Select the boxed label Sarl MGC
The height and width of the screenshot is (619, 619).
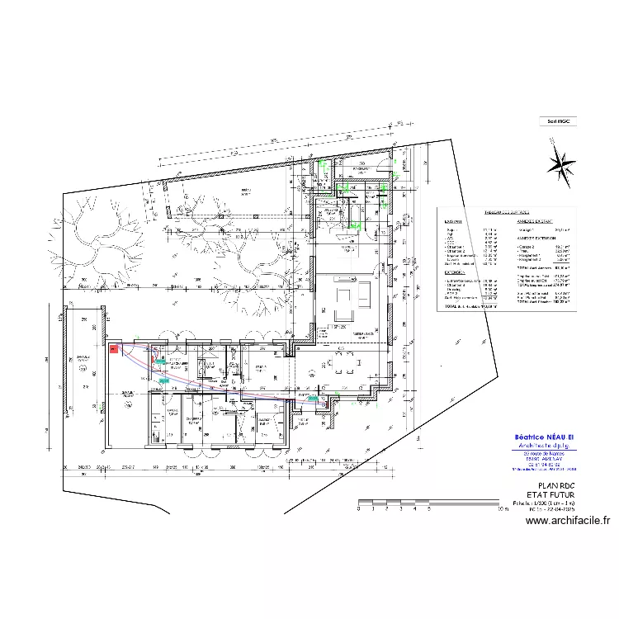559,120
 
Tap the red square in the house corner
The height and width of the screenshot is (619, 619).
114,350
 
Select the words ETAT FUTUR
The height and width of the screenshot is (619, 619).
555,495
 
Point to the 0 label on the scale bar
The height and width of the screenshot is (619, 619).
359,510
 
